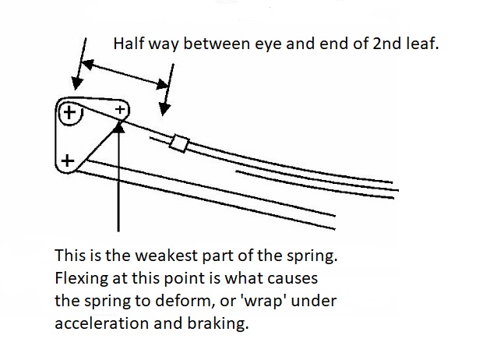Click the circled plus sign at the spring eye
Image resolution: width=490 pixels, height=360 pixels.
tap(70, 114)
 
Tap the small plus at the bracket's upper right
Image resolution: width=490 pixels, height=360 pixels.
tap(120, 110)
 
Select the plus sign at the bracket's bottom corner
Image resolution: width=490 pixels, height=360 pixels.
tap(68, 161)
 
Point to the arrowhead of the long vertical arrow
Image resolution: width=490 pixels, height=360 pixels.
tap(118, 124)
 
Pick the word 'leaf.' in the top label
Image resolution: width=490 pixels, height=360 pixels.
tap(422, 44)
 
